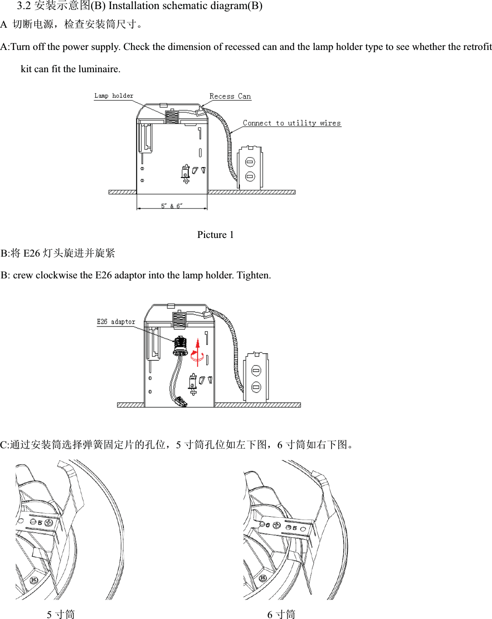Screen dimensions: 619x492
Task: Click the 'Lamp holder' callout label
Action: pos(113,96)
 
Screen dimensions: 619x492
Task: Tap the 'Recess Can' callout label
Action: pos(230,96)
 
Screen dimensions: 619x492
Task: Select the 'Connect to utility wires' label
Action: pos(292,123)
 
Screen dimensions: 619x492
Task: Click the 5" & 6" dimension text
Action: pos(172,206)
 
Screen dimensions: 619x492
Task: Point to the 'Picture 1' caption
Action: pos(215,235)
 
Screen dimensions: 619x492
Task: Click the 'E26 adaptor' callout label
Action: pos(116,322)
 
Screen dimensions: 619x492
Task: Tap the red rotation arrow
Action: pos(197,352)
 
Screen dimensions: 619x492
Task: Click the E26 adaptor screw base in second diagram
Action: pos(180,346)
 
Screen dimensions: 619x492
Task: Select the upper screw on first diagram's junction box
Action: pos(250,162)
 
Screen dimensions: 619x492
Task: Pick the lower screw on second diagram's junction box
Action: pos(256,387)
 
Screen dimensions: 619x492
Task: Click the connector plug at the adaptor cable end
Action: pos(181,401)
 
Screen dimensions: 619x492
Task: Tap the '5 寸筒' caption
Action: pos(60,614)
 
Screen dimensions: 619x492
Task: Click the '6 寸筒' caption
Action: pos(281,614)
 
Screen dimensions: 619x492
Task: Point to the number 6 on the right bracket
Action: pos(268,525)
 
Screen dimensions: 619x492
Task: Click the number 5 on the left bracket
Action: pos(40,523)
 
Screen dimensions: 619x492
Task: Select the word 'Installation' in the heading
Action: pos(134,6)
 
